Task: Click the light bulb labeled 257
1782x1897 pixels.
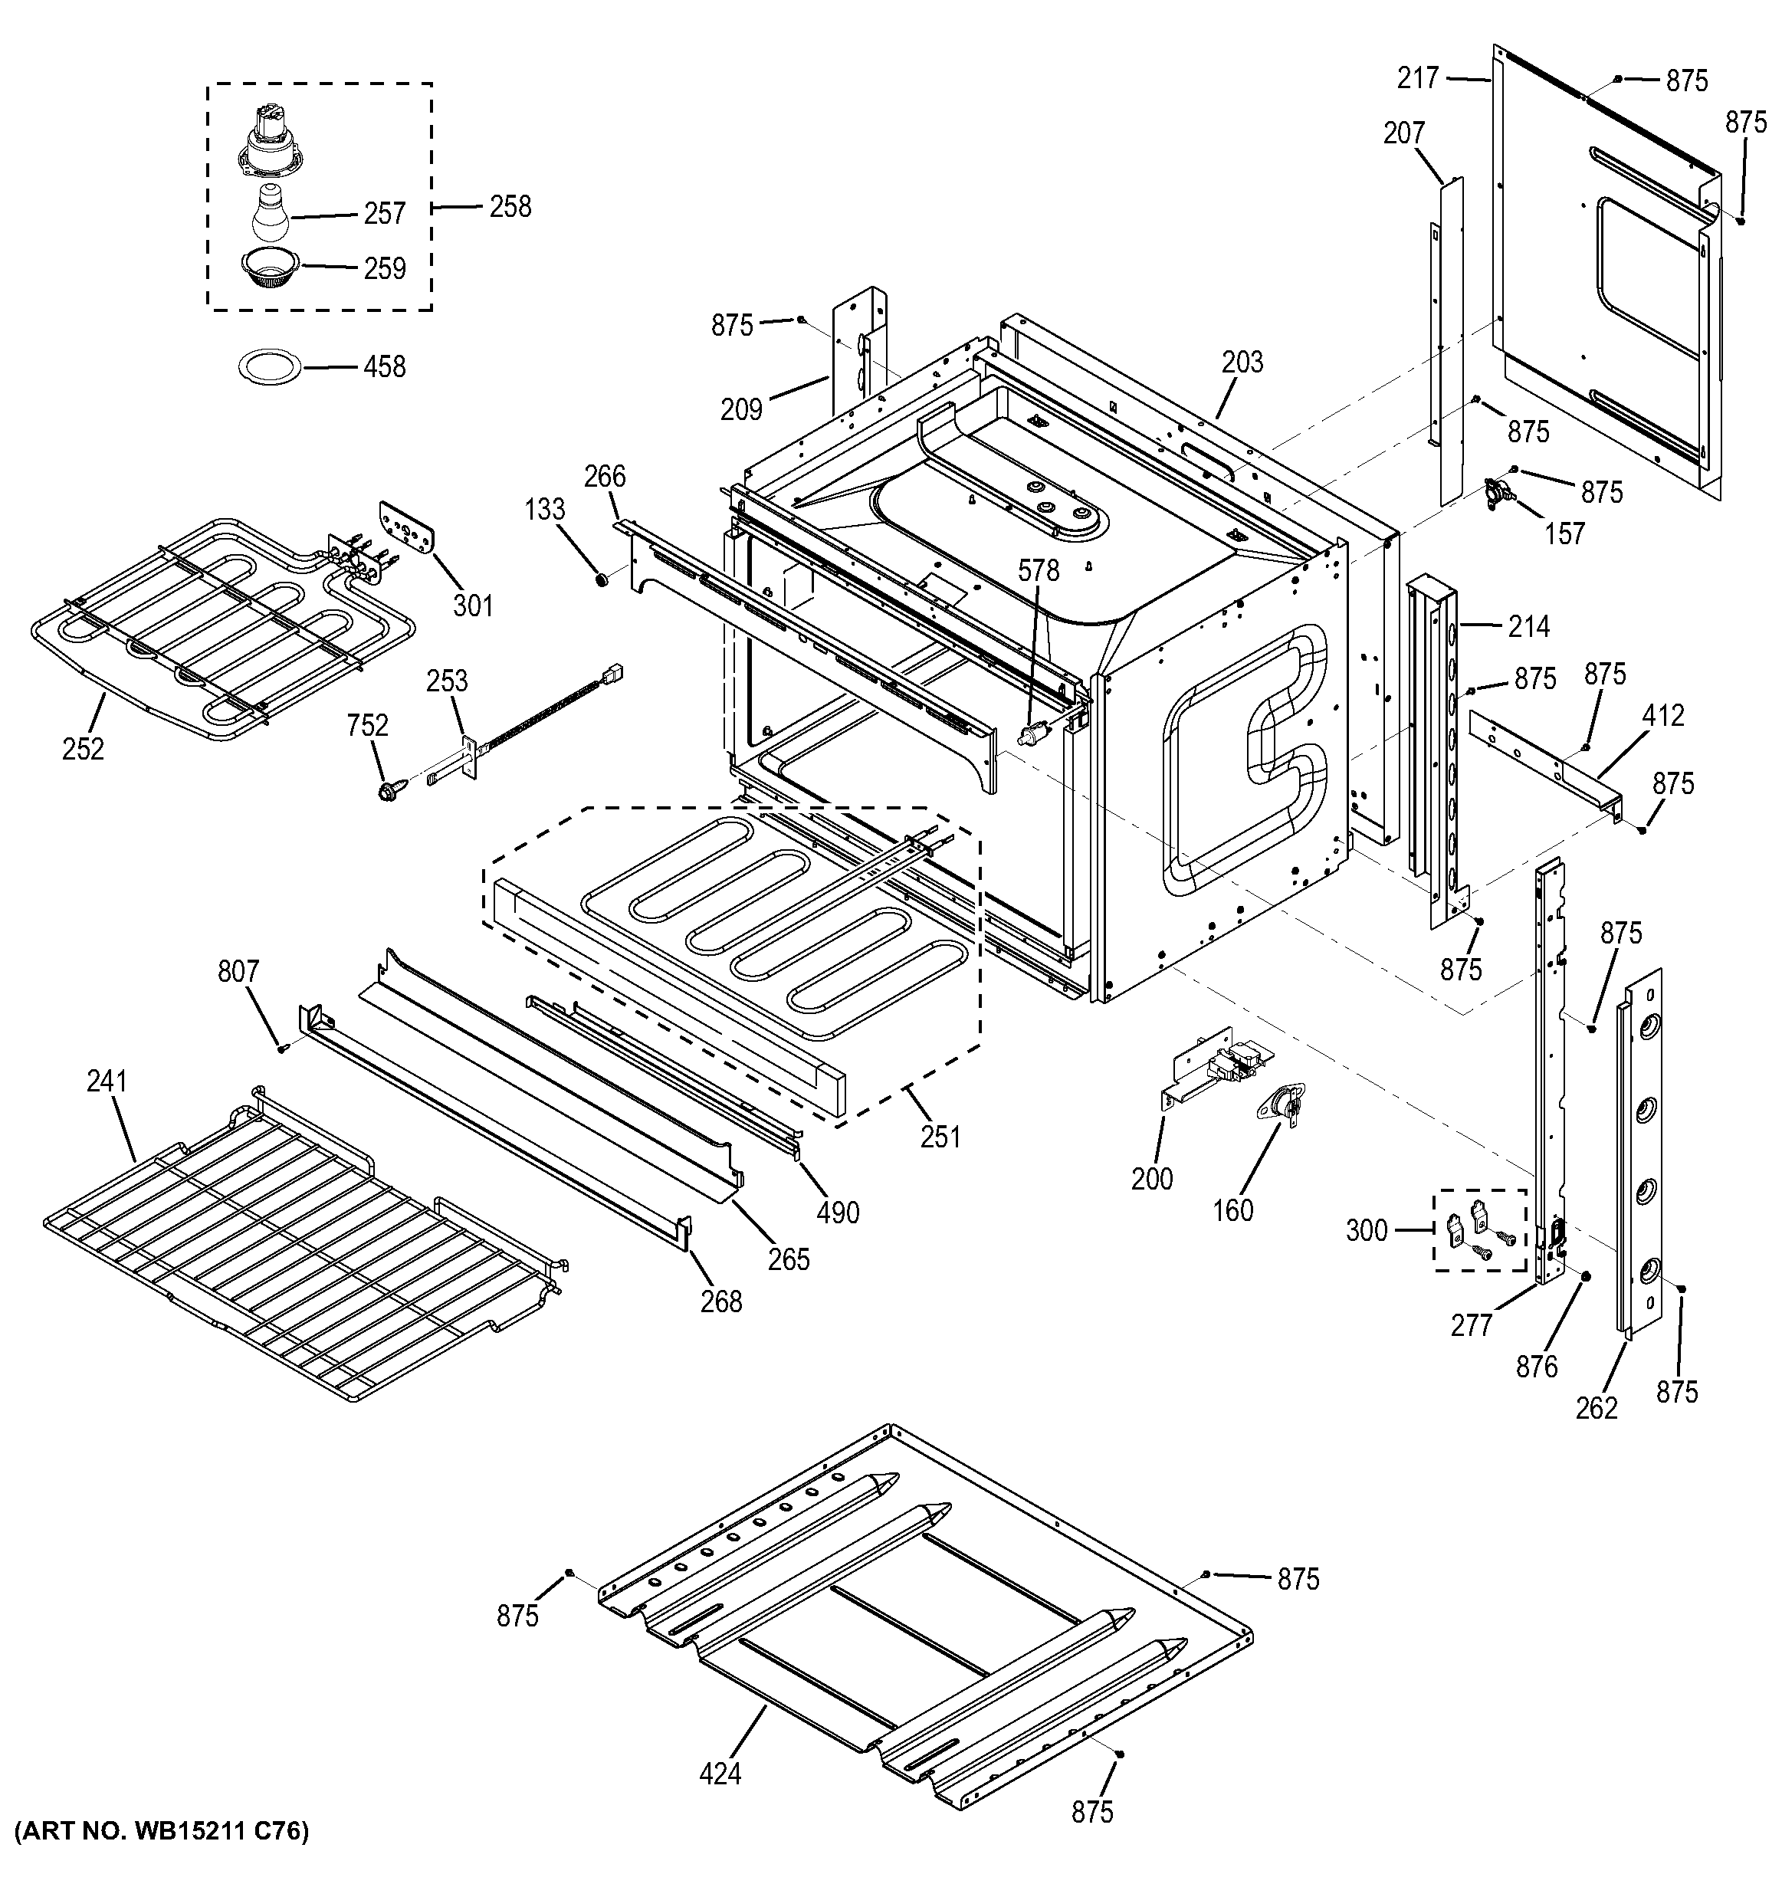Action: point(271,212)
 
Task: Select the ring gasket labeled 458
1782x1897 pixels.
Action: point(270,366)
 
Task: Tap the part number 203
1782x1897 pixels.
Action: point(1242,362)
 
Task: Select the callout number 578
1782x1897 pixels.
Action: point(1038,570)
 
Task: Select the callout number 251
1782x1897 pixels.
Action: point(940,1137)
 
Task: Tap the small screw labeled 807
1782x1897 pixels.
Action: point(284,1048)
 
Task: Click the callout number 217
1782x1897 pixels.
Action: point(1418,78)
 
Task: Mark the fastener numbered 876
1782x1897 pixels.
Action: point(1584,1277)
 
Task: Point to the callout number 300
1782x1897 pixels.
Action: point(1366,1230)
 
